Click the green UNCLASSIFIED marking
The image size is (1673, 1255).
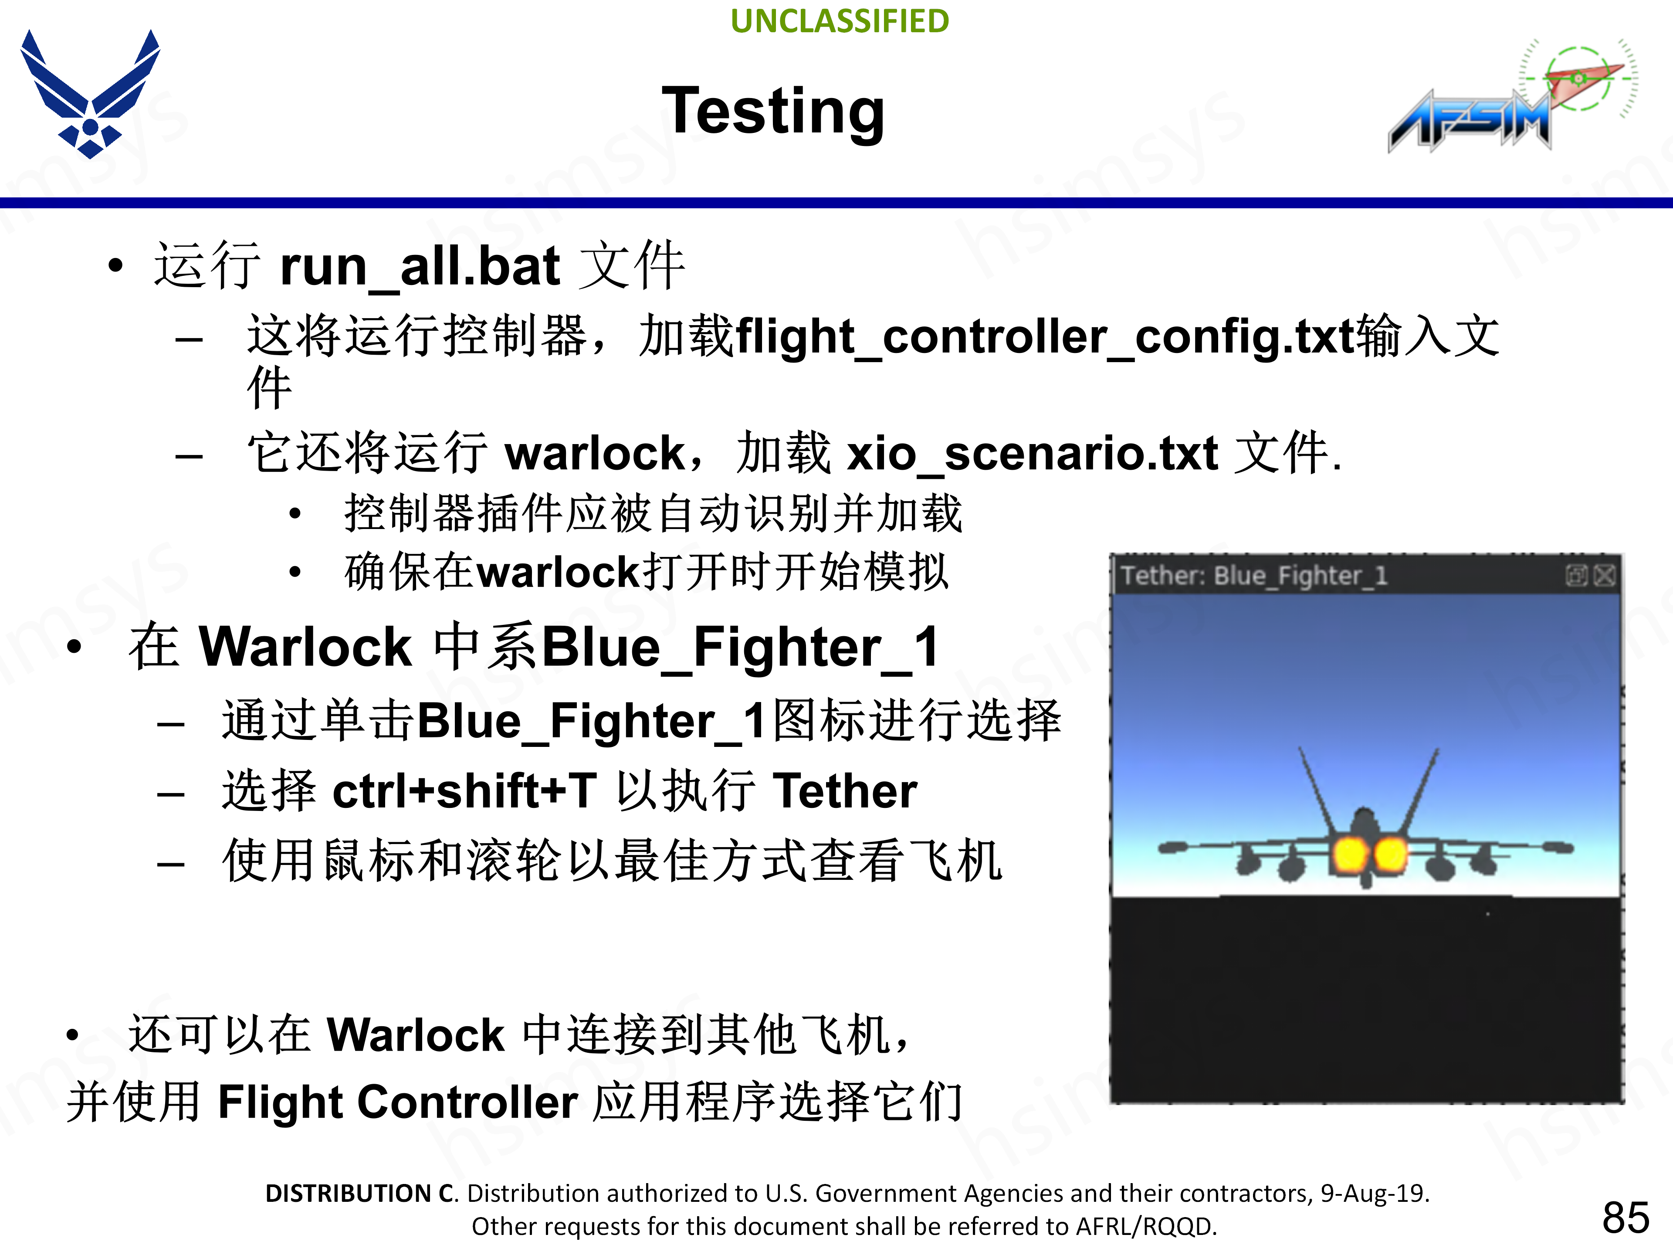(840, 21)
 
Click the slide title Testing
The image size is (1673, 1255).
(773, 112)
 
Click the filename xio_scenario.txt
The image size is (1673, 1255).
(1033, 454)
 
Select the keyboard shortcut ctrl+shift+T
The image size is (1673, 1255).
(465, 790)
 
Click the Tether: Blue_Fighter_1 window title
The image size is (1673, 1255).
(1254, 576)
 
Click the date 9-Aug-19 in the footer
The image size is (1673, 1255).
(1373, 1193)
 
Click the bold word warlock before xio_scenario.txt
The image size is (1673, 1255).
(594, 454)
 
